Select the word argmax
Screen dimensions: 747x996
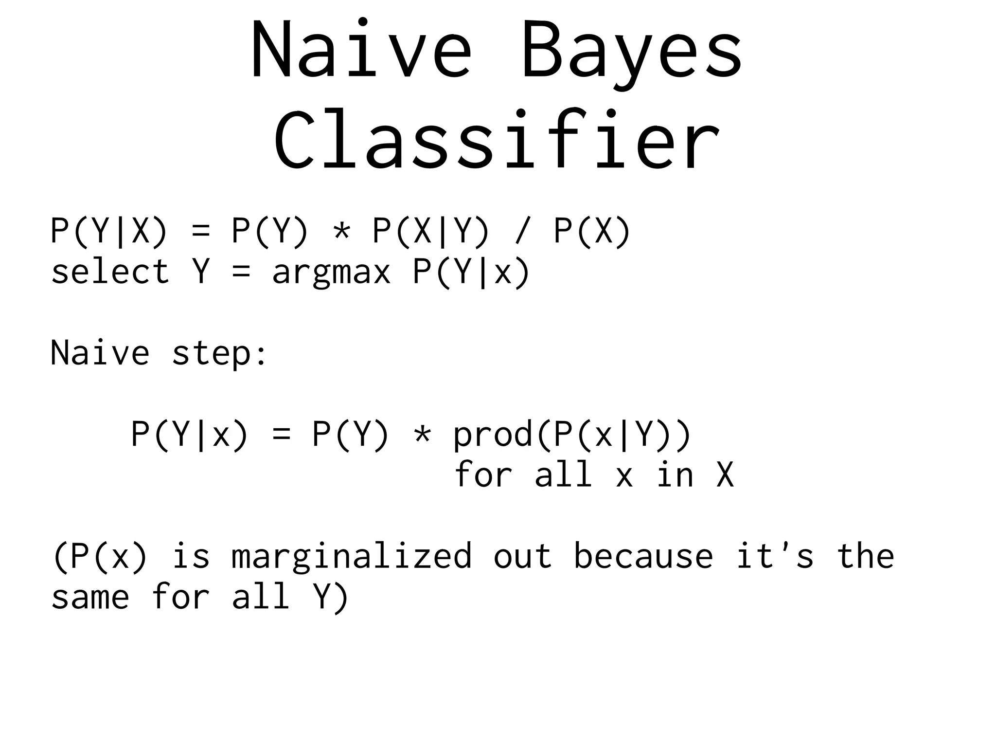coord(331,273)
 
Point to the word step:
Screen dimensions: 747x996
coord(219,353)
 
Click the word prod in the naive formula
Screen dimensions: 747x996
coord(493,435)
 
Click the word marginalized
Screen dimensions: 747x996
coord(352,556)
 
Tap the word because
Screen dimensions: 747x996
coord(643,556)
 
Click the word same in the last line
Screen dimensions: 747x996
coord(90,598)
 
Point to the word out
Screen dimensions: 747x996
coord(523,556)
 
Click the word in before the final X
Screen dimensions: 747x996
coord(675,475)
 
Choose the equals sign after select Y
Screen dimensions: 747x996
coord(241,273)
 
